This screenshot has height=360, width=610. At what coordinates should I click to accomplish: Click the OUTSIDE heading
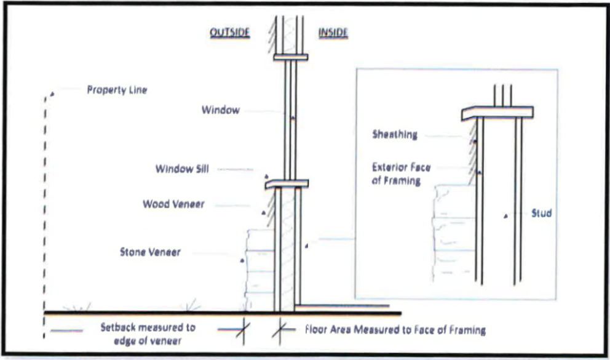pos(229,33)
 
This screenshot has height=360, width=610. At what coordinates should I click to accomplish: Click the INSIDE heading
pos(333,33)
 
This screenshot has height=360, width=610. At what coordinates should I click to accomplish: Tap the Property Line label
pos(117,90)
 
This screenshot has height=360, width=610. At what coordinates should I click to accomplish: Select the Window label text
pos(220,110)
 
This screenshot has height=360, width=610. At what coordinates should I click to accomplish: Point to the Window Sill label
pos(181,168)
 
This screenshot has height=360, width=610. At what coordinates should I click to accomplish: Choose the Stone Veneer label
pos(150,252)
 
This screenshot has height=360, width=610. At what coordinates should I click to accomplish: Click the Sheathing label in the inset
pos(395,134)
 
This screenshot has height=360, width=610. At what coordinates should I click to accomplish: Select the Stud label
pos(541,214)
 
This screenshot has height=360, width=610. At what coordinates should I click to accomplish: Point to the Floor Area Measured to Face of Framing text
pos(395,330)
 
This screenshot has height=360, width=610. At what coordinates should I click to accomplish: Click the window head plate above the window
pos(290,57)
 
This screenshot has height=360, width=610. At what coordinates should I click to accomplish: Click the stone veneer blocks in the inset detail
pos(454,234)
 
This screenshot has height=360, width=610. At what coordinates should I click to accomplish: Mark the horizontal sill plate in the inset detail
pos(496,113)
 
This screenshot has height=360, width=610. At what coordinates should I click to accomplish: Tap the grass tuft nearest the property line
pos(80,306)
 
